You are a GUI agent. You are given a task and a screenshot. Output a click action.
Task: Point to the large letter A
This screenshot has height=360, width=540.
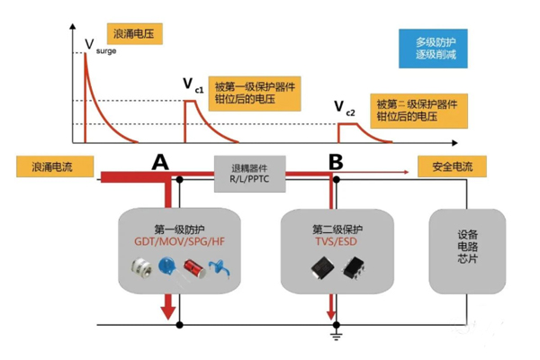pos(160,162)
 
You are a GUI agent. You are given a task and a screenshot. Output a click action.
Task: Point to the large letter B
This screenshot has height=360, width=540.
pos(336,162)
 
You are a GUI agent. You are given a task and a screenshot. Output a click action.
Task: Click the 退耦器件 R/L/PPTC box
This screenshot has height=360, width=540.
pos(252,169)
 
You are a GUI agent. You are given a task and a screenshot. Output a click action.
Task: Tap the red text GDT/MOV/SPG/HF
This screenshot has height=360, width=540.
pos(181,241)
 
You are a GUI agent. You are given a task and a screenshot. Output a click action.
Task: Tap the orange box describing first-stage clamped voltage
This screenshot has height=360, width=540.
pos(254,92)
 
